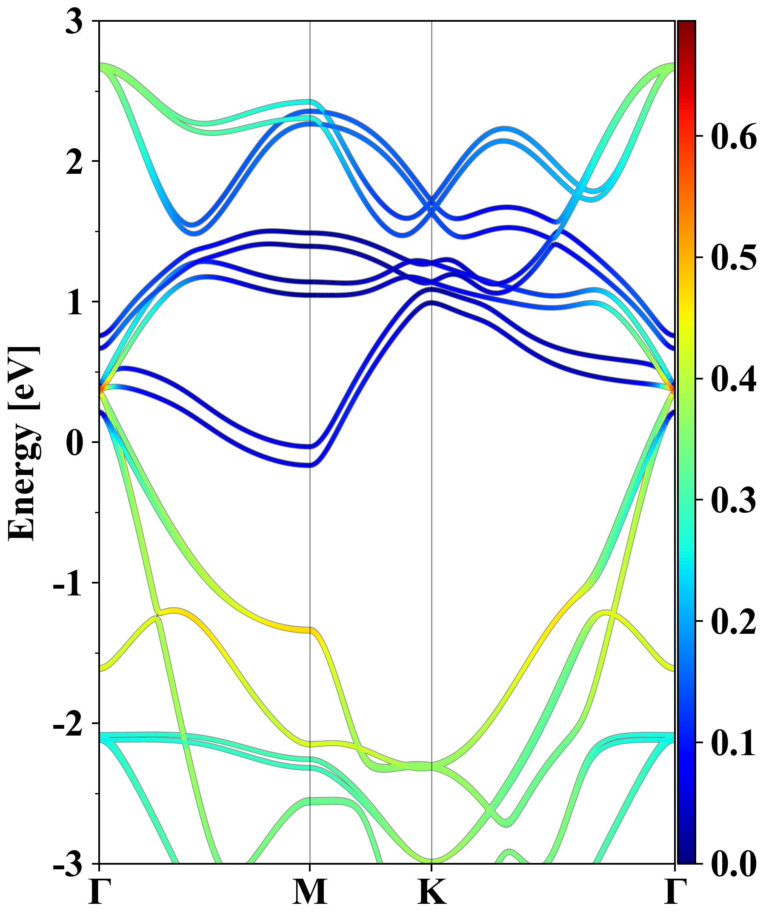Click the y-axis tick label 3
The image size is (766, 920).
click(74, 22)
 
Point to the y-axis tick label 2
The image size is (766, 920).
click(74, 163)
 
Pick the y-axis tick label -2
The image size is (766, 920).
click(68, 724)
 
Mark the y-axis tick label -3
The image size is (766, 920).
click(68, 864)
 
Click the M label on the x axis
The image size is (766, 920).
click(310, 892)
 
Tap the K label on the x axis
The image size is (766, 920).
click(432, 892)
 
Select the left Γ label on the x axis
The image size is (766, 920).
click(99, 892)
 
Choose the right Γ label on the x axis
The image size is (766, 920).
click(675, 892)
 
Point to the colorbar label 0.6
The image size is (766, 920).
click(734, 137)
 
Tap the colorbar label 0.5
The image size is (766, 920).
click(734, 258)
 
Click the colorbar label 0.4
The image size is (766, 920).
click(734, 379)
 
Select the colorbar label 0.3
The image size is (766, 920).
click(734, 500)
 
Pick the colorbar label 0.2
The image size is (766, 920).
click(734, 622)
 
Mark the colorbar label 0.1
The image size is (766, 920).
click(734, 743)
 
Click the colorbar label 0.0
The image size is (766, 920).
click(734, 864)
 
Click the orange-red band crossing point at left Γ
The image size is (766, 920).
click(102, 388)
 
